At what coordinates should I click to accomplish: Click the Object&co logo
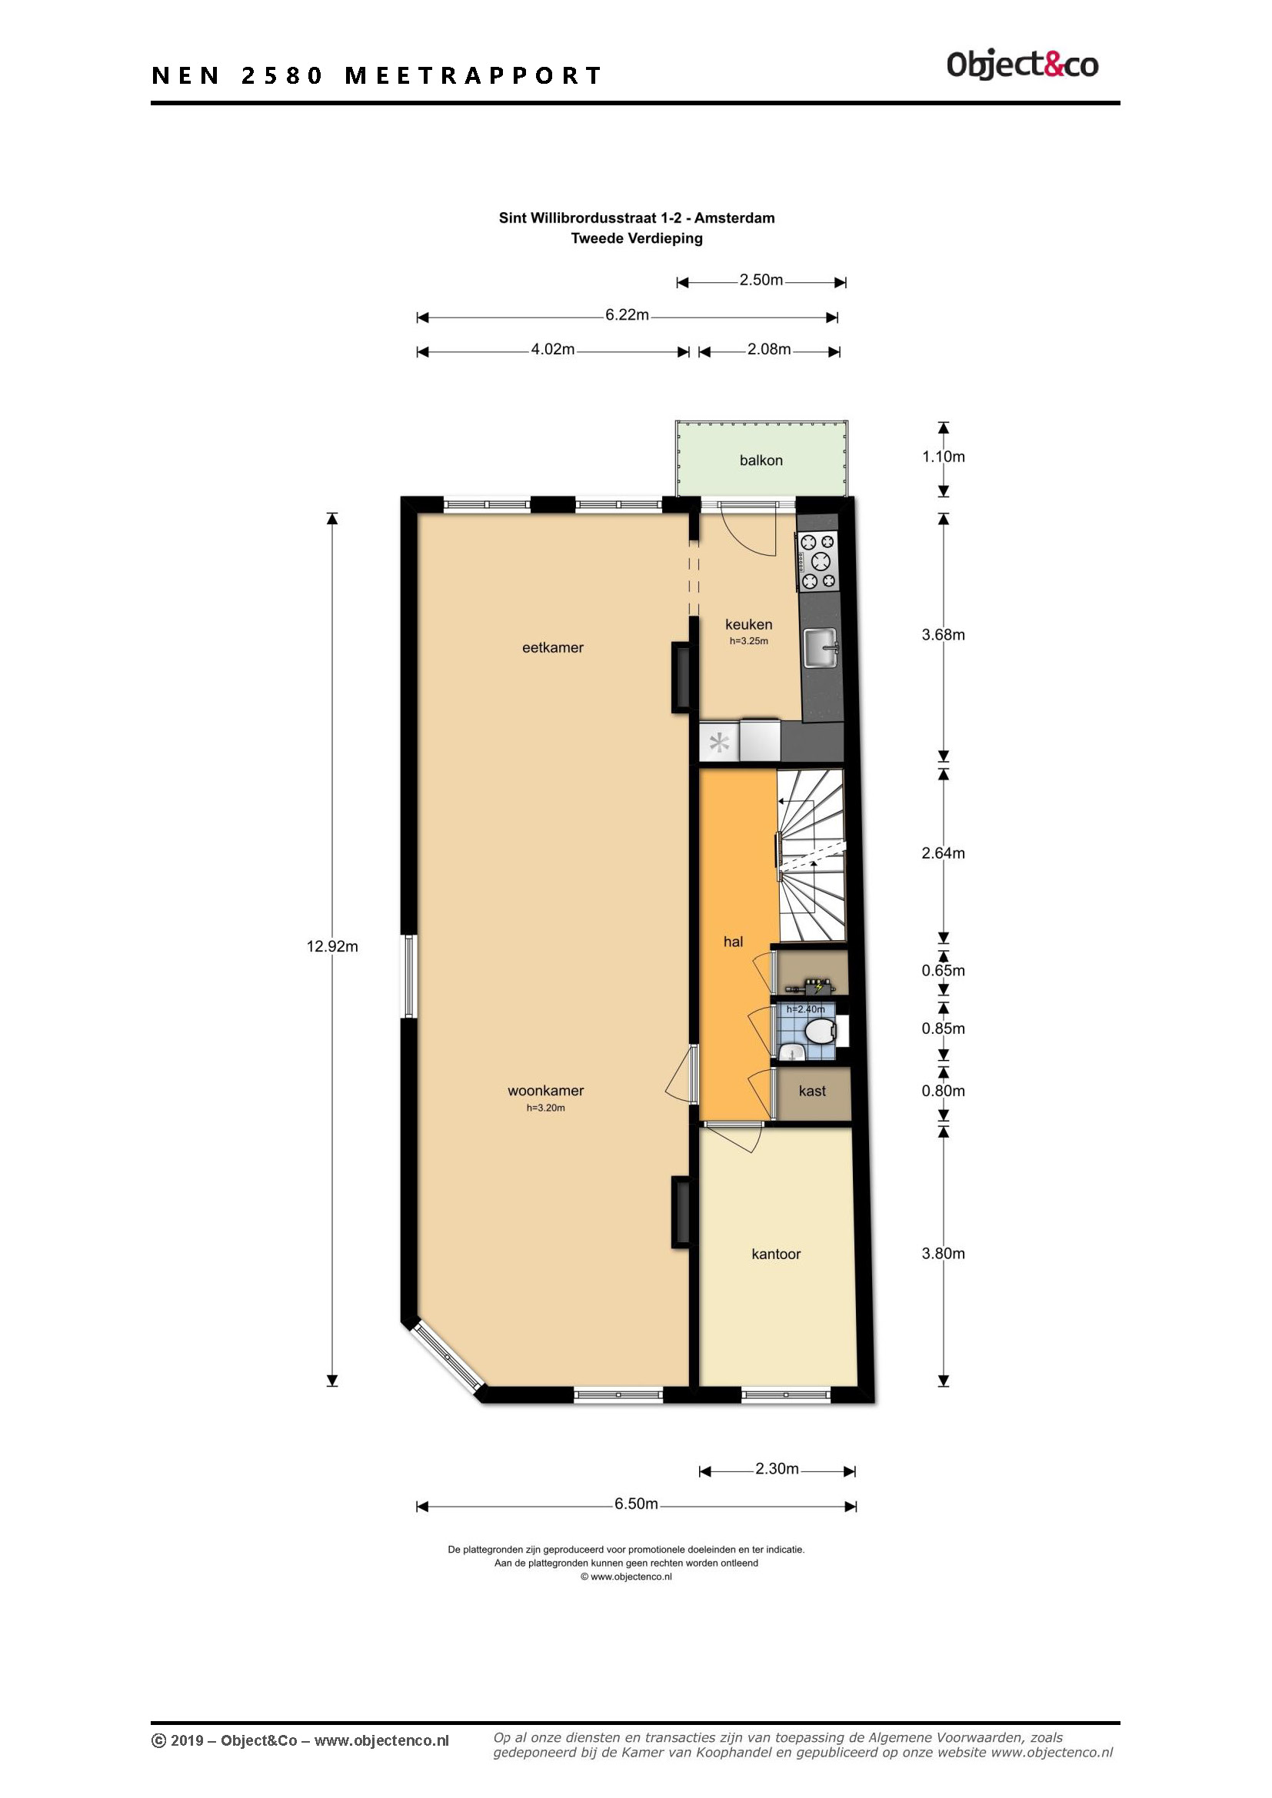point(1022,65)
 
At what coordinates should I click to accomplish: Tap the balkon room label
point(761,460)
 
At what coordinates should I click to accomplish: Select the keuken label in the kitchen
point(749,624)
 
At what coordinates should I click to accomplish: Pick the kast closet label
point(812,1091)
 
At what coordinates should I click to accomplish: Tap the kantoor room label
point(775,1254)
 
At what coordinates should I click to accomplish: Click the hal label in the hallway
point(733,942)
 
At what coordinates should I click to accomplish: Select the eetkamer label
point(553,647)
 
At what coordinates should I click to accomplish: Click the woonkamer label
point(546,1090)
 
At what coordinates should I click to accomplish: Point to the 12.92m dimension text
point(332,947)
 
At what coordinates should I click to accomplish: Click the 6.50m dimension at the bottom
point(636,1504)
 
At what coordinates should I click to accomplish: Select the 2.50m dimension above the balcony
point(761,280)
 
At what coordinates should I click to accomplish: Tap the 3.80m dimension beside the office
point(943,1253)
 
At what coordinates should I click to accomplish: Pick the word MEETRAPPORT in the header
point(473,75)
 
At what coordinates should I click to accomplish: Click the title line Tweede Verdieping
point(637,238)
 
